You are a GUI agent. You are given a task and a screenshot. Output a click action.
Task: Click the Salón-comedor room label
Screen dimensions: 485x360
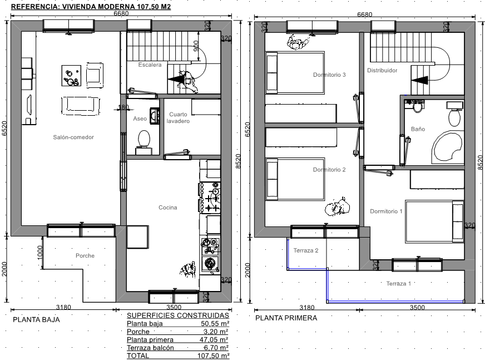(73, 137)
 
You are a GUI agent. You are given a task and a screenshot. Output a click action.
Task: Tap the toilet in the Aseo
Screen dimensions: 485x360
(144, 142)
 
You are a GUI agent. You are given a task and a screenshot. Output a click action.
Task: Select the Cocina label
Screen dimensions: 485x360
(168, 208)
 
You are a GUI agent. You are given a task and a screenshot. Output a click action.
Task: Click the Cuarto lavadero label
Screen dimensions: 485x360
(178, 117)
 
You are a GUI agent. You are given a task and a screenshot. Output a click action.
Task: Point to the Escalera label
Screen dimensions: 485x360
(150, 65)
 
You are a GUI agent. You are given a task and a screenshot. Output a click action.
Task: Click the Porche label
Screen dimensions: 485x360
(85, 256)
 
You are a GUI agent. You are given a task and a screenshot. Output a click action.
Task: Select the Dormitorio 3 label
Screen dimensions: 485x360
(329, 75)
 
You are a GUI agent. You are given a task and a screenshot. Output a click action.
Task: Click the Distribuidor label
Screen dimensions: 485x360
(382, 70)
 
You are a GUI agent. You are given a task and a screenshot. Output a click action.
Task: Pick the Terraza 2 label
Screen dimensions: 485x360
(306, 250)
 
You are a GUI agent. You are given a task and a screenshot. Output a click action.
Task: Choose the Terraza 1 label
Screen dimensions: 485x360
(399, 283)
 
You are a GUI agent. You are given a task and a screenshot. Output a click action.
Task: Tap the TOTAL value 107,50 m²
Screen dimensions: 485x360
(214, 356)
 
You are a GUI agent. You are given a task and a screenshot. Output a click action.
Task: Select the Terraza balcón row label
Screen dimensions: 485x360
(150, 347)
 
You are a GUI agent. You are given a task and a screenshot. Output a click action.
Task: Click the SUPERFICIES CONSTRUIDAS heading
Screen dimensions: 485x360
(178, 315)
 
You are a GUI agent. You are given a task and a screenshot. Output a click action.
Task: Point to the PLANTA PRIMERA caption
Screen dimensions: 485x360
(286, 318)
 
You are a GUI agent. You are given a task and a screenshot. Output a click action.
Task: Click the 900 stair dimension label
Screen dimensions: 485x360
(196, 46)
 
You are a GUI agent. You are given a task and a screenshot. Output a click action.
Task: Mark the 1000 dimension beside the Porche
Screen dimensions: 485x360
(39, 253)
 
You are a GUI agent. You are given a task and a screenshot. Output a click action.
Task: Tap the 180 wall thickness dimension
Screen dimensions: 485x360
(123, 107)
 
